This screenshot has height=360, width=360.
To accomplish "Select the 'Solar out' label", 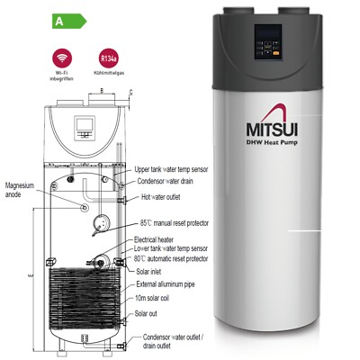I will point(148,313).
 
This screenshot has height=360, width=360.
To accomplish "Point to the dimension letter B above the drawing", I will point(102,90).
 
